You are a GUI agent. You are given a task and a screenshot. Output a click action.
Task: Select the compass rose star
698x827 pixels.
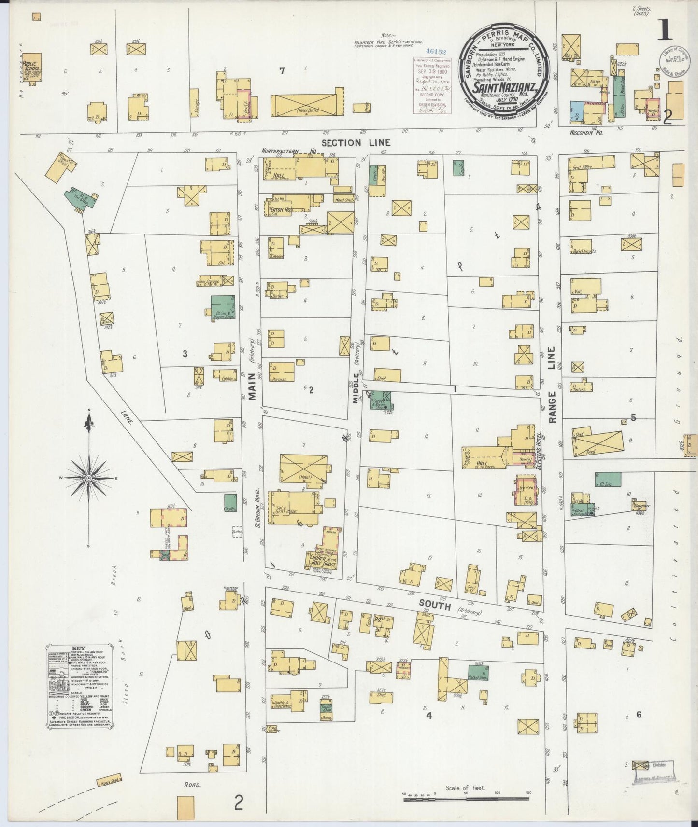(x=89, y=478)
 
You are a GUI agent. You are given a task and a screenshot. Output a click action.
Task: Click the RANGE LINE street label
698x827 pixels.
(x=552, y=385)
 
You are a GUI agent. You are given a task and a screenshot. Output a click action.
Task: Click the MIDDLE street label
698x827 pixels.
(x=356, y=387)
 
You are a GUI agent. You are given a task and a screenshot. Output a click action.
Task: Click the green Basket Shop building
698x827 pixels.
(x=478, y=673)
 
